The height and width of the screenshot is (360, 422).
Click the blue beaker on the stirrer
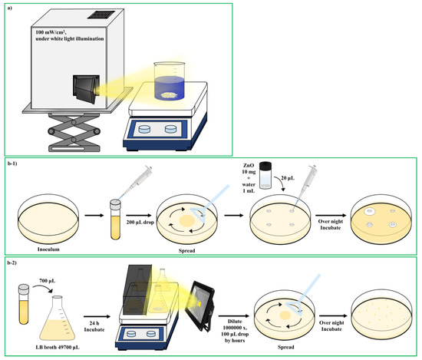(170, 80)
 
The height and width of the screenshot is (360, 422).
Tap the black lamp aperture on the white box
(86, 89)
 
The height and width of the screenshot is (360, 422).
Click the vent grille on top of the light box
(101, 15)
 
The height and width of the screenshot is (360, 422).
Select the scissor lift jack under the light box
(74, 132)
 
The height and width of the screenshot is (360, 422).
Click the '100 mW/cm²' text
(51, 32)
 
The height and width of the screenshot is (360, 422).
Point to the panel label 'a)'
(10, 8)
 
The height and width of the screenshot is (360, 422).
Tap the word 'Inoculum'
(48, 249)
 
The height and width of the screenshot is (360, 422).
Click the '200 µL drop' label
(140, 223)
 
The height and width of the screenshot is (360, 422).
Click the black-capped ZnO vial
(265, 175)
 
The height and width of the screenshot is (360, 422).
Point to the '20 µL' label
(288, 178)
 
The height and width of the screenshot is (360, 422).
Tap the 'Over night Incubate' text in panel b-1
(331, 225)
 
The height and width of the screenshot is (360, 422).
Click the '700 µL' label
(48, 281)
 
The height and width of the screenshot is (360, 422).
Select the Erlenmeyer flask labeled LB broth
(58, 319)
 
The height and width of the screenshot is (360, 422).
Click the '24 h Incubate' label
(94, 326)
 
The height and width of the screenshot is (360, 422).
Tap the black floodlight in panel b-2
(200, 305)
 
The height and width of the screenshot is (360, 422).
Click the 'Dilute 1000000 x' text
(235, 325)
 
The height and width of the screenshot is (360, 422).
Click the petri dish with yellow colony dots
(381, 312)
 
